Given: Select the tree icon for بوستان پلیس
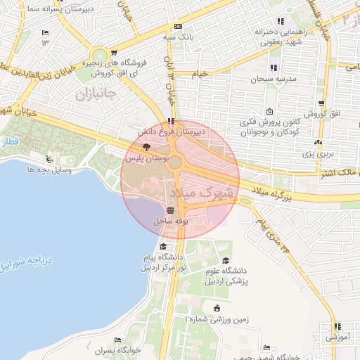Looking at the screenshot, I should coord(146,148).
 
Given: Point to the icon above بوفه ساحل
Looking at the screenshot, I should coord(169,210).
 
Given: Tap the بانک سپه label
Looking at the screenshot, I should coord(179,36).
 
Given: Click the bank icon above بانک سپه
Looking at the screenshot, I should coord(178,26).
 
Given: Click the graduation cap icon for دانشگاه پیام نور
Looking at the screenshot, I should coord(164,246).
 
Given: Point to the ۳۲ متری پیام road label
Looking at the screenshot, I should coord(274,235).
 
